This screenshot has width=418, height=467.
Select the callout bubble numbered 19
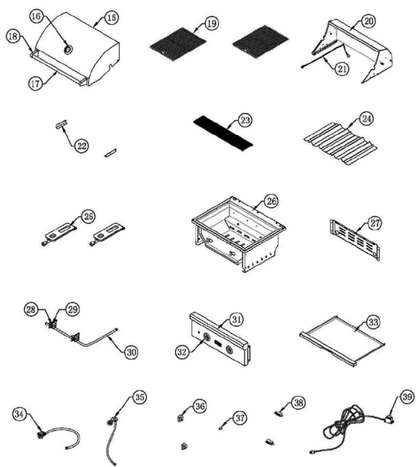click(212, 24)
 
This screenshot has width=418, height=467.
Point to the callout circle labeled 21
click(342, 69)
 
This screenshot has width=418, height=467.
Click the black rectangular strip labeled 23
click(223, 134)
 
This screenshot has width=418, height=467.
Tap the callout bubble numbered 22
click(82, 146)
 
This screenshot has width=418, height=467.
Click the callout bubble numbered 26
click(271, 201)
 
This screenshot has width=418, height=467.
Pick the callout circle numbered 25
click(88, 217)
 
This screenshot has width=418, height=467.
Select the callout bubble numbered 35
click(140, 397)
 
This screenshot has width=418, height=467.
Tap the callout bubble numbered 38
click(298, 403)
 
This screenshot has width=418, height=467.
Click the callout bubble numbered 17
click(35, 84)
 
